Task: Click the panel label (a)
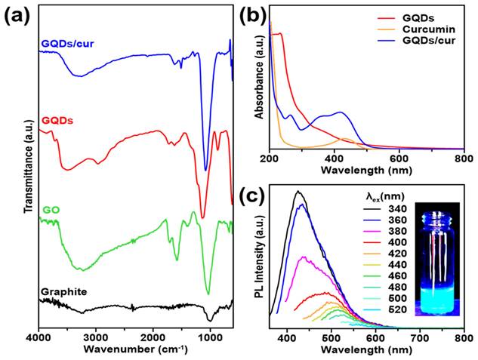click(17, 14)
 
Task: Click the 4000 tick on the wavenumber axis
click(39, 337)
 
